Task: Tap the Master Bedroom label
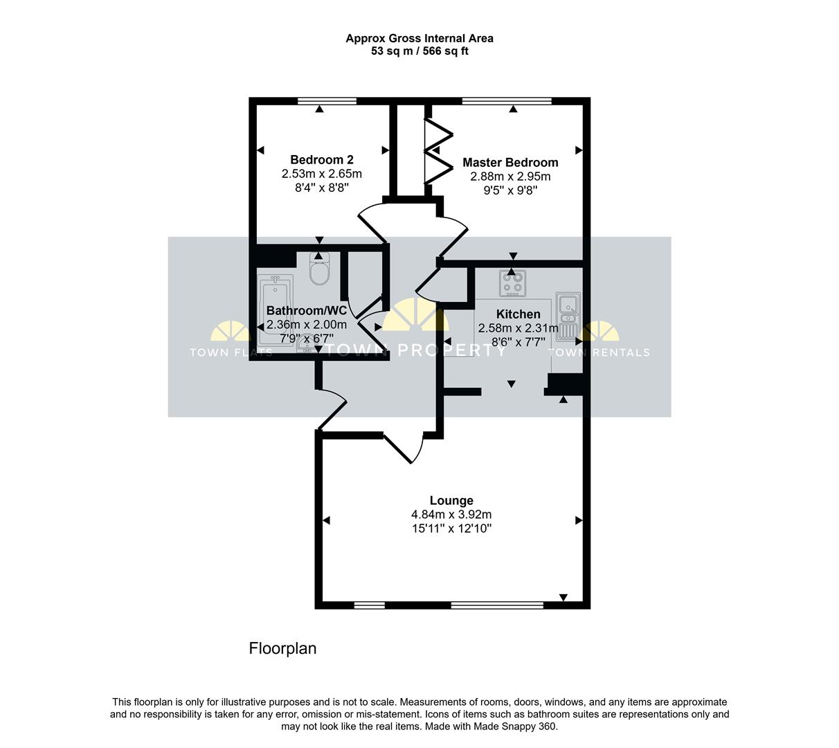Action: pos(510,163)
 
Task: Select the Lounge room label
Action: pos(451,501)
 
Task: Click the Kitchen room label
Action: pos(518,314)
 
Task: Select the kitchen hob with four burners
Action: pos(512,283)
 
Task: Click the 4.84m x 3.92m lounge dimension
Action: pos(451,515)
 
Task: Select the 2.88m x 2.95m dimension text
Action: pos(510,177)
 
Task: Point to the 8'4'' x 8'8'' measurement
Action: pos(321,187)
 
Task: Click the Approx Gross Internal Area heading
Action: pos(419,39)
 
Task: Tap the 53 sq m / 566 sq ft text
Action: pos(419,51)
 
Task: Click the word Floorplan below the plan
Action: pos(282,649)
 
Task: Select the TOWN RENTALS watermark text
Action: pos(599,353)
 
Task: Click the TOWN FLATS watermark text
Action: pos(231,353)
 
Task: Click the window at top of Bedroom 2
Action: pos(327,101)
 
